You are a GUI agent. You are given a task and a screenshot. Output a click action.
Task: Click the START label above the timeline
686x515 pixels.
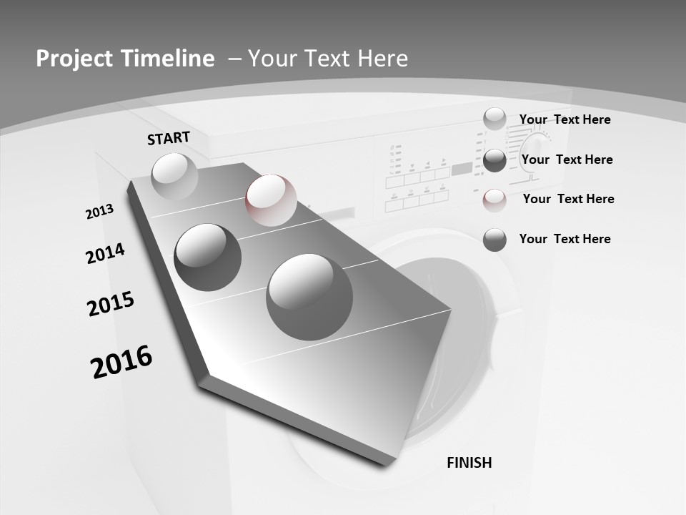point(169,138)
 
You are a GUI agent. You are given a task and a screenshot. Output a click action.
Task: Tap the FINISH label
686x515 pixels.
point(469,463)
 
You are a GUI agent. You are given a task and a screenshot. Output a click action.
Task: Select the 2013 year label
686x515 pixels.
point(99,212)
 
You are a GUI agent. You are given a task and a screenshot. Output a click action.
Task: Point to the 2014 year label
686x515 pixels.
point(105,253)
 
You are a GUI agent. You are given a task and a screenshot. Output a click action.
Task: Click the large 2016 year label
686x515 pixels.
point(121,361)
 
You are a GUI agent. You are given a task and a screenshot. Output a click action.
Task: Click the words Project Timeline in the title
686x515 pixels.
point(125,59)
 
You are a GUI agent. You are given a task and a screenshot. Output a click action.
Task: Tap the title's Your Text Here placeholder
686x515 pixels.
point(328,59)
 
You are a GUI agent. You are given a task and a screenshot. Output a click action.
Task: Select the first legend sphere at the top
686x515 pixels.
point(494,119)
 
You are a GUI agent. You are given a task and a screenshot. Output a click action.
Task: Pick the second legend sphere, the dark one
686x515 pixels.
point(494,160)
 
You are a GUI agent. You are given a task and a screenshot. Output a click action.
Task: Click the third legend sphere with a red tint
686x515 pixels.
point(494,200)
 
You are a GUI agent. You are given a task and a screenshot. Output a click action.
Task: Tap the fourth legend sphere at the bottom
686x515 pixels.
point(494,240)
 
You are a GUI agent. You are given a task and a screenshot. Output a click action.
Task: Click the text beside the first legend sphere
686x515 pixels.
point(565,119)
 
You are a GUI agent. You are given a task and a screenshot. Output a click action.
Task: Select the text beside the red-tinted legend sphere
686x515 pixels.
point(568,199)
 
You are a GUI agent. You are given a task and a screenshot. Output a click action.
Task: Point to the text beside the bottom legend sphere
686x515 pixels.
point(565,239)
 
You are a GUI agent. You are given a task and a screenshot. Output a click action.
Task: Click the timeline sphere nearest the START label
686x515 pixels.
point(174,175)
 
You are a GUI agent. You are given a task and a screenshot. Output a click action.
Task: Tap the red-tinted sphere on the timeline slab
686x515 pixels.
point(271,200)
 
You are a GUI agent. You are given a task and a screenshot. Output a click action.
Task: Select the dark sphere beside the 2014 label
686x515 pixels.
point(208,257)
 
